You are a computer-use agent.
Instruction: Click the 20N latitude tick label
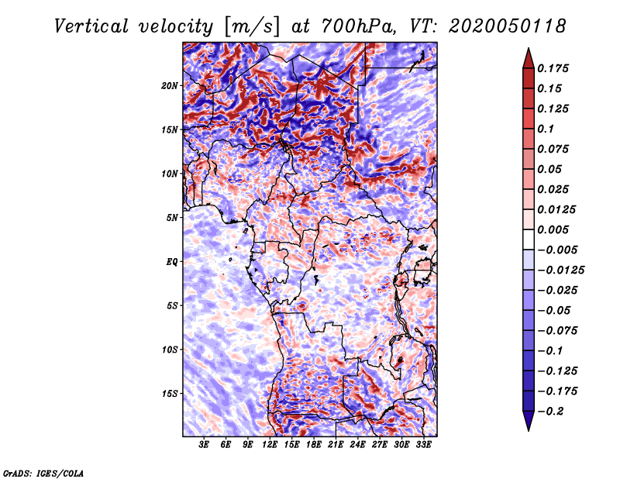click(x=170, y=86)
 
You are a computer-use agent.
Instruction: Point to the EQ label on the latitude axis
click(x=171, y=262)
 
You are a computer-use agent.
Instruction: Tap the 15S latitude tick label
click(x=170, y=394)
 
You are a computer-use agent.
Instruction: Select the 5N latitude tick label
click(x=172, y=218)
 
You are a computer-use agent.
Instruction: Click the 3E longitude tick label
click(x=204, y=445)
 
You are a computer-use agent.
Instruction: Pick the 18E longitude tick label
click(x=314, y=445)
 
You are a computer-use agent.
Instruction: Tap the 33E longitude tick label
click(x=423, y=445)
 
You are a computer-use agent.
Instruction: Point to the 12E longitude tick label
click(x=270, y=445)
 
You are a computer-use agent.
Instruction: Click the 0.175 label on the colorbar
click(x=553, y=68)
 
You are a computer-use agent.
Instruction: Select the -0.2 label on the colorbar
click(x=550, y=412)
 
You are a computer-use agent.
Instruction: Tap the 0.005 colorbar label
click(x=553, y=229)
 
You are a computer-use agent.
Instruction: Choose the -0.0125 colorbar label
click(x=560, y=271)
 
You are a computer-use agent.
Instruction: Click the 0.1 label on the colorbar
click(x=546, y=129)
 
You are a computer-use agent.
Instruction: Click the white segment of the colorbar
click(x=529, y=239)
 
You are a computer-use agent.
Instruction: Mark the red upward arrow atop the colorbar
click(x=529, y=59)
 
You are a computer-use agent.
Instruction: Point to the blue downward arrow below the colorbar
click(x=529, y=421)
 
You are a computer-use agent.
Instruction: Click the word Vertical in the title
click(x=91, y=27)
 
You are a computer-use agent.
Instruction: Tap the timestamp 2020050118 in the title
click(x=508, y=26)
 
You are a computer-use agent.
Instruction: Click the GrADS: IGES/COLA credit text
click(x=43, y=474)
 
